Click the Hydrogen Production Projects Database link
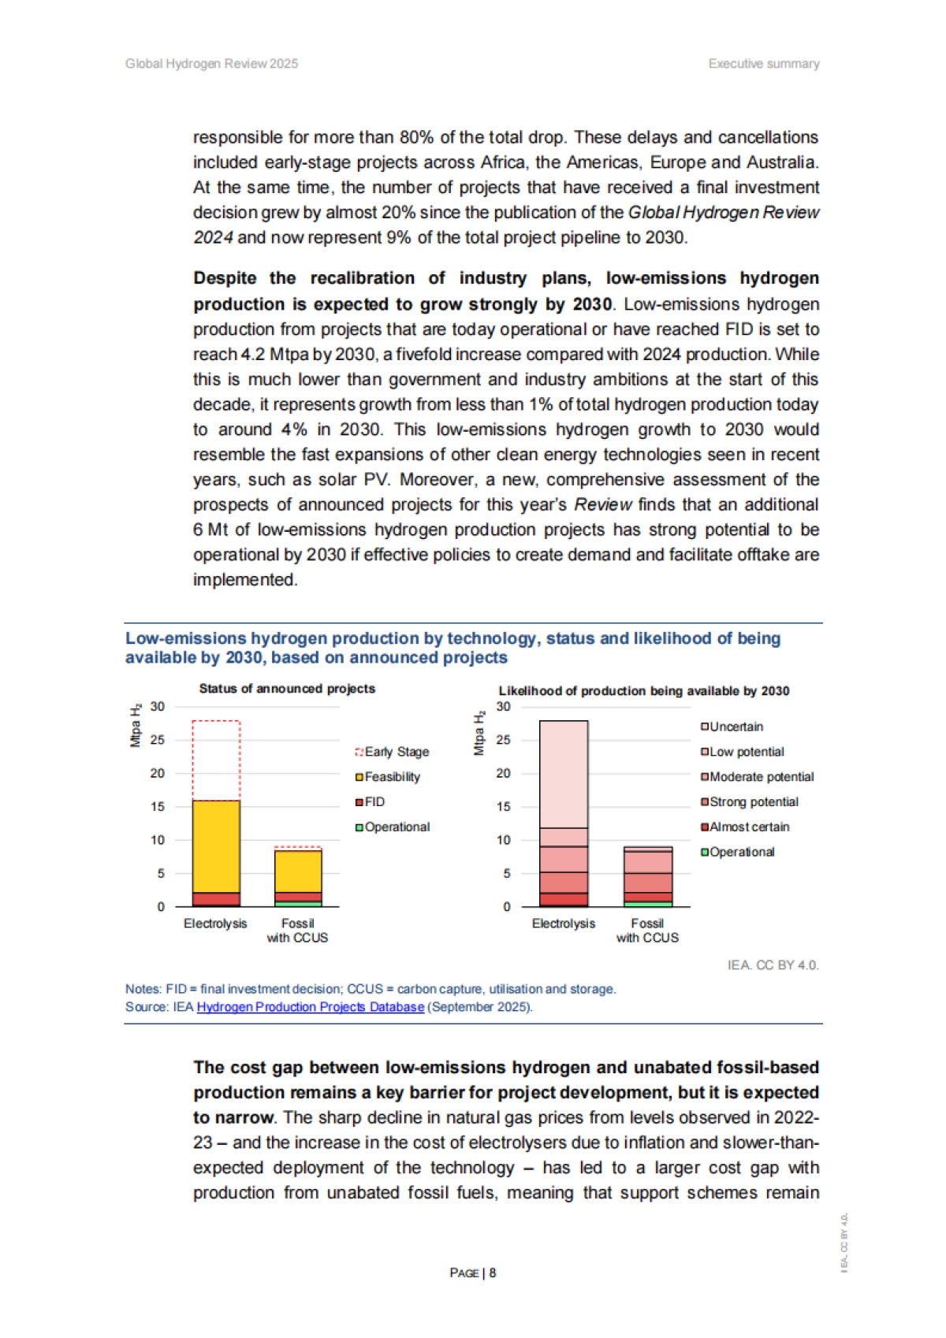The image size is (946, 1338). click(x=310, y=1007)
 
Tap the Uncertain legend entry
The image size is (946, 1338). click(x=732, y=727)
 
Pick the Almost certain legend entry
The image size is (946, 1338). click(x=745, y=827)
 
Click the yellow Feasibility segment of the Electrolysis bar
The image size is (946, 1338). click(x=216, y=846)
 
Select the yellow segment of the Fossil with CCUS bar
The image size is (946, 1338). click(x=298, y=871)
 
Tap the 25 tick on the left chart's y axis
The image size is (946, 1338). click(x=158, y=740)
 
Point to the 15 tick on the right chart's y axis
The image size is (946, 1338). click(x=503, y=807)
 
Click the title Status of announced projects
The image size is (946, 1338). click(x=287, y=689)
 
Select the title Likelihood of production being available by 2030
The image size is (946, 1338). click(x=643, y=691)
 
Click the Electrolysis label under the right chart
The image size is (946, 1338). click(x=563, y=924)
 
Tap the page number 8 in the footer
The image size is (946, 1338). click(x=493, y=1273)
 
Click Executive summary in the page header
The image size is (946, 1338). click(x=763, y=64)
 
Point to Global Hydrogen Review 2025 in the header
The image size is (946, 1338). click(x=211, y=64)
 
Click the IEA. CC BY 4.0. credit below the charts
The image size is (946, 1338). click(x=773, y=965)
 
